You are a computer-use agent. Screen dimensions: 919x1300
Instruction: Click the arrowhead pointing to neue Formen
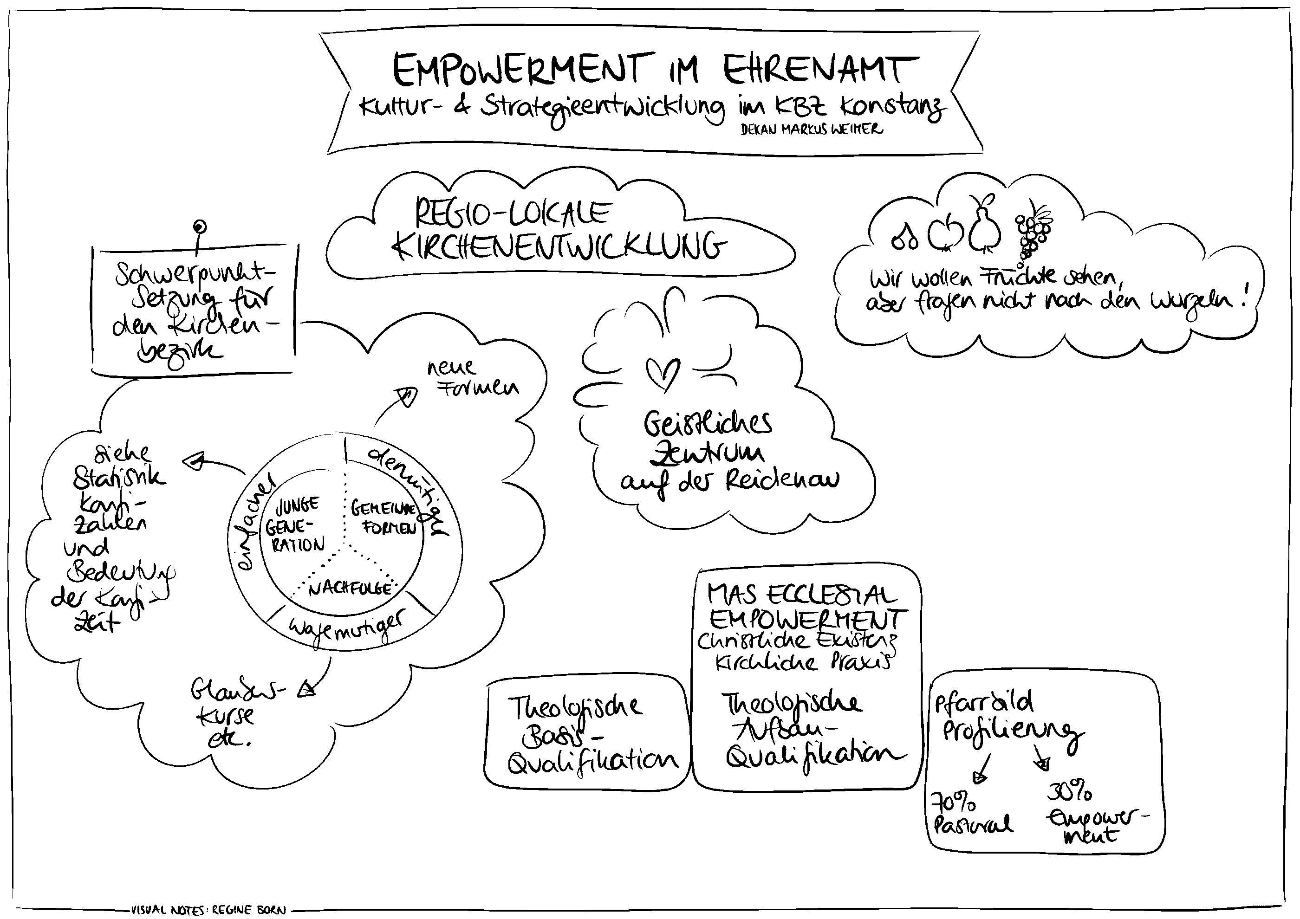tap(408, 396)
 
